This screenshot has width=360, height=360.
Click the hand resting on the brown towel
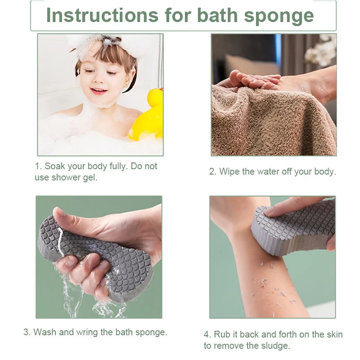tap(250, 79)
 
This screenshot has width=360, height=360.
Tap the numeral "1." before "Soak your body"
tap(38, 166)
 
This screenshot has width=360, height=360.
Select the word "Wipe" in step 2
tap(230, 172)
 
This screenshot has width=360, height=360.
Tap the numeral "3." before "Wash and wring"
tap(27, 333)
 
